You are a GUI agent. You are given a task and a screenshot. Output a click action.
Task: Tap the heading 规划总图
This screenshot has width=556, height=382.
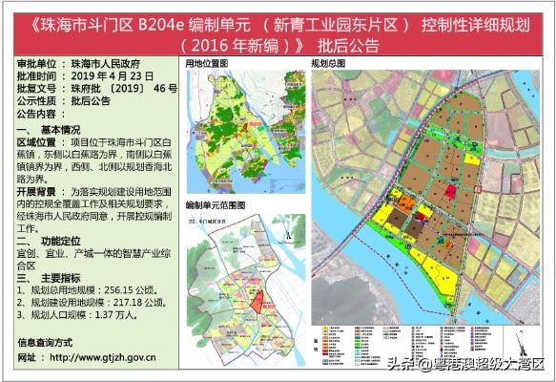coord(328,63)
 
